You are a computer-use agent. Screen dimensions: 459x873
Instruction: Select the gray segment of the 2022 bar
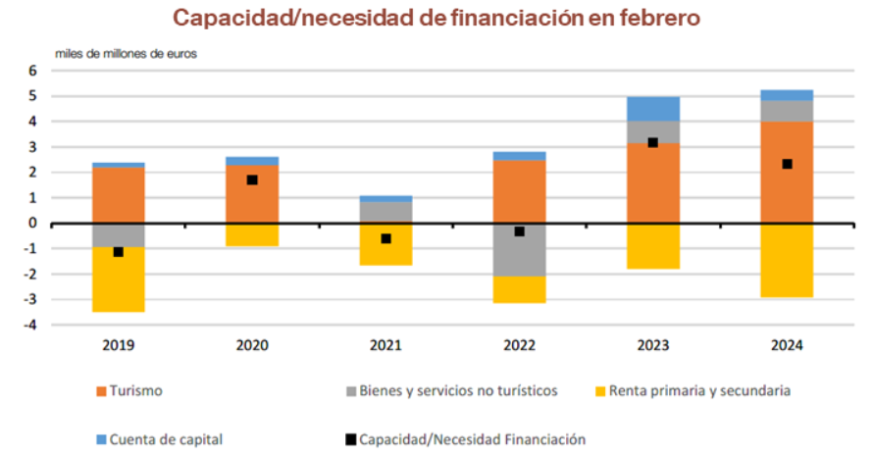pos(519,249)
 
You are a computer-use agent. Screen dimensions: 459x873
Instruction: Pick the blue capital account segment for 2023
pos(652,108)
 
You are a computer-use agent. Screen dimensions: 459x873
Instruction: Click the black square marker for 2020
pos(252,179)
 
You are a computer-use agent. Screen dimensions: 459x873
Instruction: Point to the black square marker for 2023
pos(652,142)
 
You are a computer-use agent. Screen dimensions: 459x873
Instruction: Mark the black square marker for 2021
pos(385,238)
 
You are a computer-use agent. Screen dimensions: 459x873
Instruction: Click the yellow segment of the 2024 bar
pos(787,260)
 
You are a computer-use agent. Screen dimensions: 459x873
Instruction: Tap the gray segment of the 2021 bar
pos(385,212)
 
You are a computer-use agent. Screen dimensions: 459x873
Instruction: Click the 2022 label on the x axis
pos(519,345)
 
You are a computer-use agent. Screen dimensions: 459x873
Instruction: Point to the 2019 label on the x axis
pos(119,345)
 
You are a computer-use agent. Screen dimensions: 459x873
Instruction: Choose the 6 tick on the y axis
pos(32,71)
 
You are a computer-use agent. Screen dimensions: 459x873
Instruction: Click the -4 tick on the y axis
pos(29,325)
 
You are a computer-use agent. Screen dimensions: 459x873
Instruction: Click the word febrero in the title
pos(656,18)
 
